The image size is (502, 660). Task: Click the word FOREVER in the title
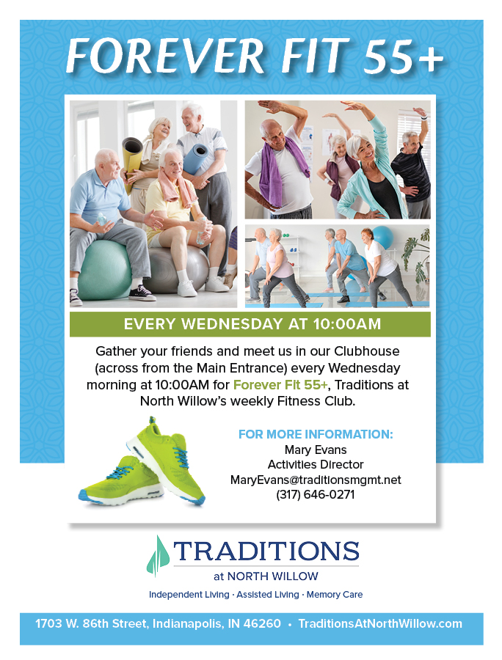click(165, 56)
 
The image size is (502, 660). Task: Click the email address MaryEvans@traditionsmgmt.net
click(316, 480)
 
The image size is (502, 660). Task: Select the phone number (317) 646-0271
click(316, 494)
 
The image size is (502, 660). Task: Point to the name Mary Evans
click(316, 450)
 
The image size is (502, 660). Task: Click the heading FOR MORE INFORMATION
click(316, 434)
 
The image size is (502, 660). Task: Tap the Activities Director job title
click(316, 465)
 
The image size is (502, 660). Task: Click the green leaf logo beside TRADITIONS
click(158, 556)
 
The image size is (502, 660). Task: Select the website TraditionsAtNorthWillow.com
click(380, 624)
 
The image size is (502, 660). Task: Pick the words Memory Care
click(335, 595)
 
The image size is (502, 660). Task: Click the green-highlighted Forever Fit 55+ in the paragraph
click(280, 385)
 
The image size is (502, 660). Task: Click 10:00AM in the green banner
click(347, 324)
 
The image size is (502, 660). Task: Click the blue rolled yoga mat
click(195, 159)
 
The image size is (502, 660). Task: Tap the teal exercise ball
click(104, 270)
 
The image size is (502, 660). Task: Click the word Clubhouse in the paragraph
click(367, 351)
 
